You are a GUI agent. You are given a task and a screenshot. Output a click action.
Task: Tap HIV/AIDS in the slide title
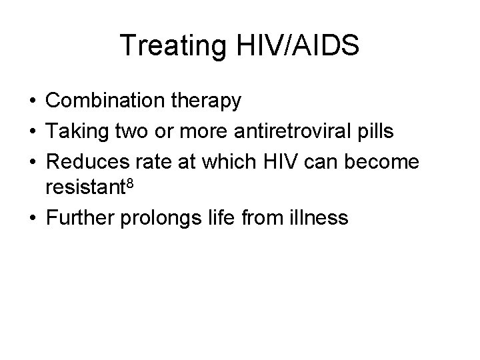tap(298, 46)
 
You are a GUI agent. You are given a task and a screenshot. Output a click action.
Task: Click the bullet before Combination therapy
tap(32, 102)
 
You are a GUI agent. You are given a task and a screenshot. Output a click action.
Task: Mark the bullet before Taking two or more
tap(32, 131)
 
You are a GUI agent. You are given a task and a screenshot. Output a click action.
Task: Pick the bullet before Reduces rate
tap(32, 161)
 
